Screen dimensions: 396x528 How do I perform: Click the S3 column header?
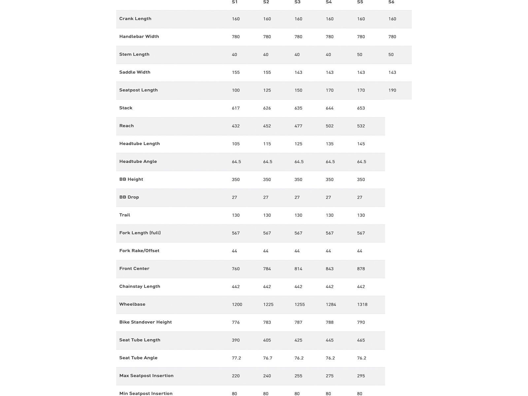pos(297,2)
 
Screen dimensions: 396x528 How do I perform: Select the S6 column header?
pos(391,2)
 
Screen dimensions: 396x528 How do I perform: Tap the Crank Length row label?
pos(135,19)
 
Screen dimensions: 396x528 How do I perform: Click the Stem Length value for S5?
pos(360,55)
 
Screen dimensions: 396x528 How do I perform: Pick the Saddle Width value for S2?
pos(267,73)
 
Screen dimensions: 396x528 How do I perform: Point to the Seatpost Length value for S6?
pos(392,90)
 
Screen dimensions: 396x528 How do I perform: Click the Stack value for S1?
pos(236,108)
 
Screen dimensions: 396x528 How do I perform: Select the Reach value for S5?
pos(361,126)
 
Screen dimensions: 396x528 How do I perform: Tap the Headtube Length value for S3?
pos(298,144)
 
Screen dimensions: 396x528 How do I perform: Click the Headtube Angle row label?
pos(138,162)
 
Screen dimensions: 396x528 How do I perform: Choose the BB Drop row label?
pos(129,197)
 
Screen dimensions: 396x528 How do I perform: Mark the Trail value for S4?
pos(330,215)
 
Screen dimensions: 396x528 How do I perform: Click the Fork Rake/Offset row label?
pos(139,251)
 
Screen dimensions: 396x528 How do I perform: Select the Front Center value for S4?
pos(330,269)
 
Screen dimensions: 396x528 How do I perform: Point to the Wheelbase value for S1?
pos(237,305)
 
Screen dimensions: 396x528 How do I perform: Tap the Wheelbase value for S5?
pos(362,305)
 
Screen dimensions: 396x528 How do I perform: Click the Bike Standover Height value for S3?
pos(298,322)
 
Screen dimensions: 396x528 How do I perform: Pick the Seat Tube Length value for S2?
pos(267,340)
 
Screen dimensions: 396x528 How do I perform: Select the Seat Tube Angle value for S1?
pos(236,358)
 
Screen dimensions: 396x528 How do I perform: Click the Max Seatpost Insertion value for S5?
pos(361,376)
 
